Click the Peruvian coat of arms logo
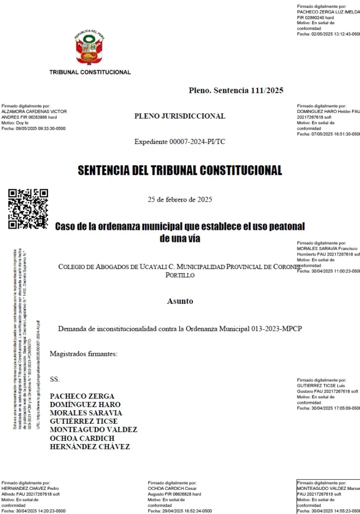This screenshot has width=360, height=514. pos(90,49)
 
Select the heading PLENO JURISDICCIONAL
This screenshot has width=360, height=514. pos(180,116)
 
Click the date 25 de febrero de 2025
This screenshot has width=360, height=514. pos(180,199)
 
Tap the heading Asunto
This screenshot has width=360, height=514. pos(180,302)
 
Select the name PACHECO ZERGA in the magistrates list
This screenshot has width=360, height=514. pos(82,396)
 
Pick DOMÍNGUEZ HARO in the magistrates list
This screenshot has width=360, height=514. pos(85,405)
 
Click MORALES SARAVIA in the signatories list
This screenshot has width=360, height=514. pos(86,413)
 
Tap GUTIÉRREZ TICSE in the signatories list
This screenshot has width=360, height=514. pos(83,421)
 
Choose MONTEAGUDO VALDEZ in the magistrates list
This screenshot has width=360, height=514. pos(93,430)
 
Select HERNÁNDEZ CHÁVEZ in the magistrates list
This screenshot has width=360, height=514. pos(90,447)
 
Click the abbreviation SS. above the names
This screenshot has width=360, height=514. pos(55,379)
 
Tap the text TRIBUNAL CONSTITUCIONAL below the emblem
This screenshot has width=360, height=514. pos(90,72)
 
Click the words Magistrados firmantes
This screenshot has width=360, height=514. pos(83,354)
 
